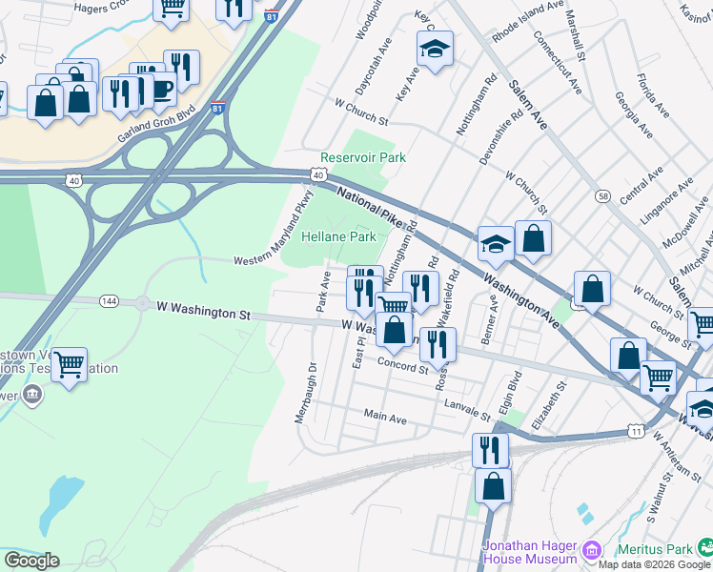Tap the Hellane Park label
(x=339, y=236)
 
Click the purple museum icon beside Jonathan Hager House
(x=591, y=550)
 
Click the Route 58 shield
(x=602, y=195)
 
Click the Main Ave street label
(x=385, y=418)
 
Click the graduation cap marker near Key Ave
(x=435, y=49)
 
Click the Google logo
(x=31, y=561)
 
